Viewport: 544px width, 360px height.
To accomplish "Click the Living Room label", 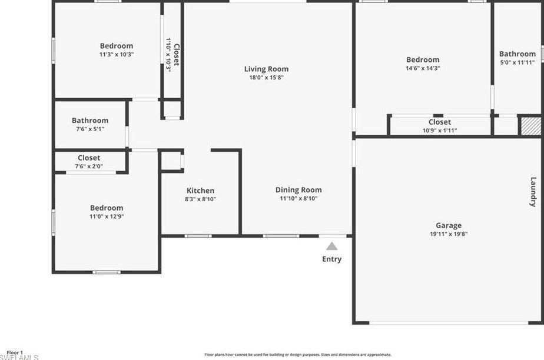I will coord(266,69).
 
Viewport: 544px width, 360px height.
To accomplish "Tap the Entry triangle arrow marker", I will coord(332,246).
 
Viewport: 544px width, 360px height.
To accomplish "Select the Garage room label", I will coord(448,225).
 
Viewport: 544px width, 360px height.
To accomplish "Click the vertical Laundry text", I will coord(533,192).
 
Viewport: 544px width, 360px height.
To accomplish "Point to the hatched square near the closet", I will coord(529,126).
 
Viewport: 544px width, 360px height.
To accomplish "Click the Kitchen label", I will coord(200,191).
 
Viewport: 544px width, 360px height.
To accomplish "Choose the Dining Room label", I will coord(298,190).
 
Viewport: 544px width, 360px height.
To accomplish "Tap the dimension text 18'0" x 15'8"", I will coord(266,78).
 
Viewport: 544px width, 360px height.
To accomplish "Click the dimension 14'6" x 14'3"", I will coord(423,68).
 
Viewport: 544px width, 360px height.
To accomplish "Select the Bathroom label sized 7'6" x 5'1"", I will coord(90,121).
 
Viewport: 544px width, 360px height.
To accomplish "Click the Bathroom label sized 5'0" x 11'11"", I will coord(518,54).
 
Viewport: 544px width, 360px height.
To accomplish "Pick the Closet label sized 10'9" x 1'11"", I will coord(440,122).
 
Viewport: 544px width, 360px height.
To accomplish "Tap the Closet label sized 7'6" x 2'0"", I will coord(89,158).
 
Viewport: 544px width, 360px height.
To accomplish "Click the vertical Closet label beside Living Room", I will coord(175,55).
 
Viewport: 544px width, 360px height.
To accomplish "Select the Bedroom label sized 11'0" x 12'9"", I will coord(107,208).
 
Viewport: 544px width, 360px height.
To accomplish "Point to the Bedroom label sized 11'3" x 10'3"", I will coord(116,46).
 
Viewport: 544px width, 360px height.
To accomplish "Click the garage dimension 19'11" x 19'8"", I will coord(448,234).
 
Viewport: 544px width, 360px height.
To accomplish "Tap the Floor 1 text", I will coord(14,352).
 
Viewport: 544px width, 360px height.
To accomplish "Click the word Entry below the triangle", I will coord(331,259).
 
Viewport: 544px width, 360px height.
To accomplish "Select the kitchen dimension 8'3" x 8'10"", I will coord(200,199).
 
